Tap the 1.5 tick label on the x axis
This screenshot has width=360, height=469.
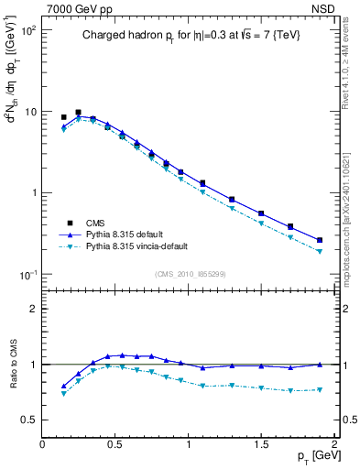(x=261, y=444)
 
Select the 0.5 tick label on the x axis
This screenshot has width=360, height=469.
(x=115, y=444)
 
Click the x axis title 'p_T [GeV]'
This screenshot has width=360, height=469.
(x=311, y=455)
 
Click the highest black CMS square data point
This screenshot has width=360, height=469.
(x=78, y=113)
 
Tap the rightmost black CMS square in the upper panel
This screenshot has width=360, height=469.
(x=320, y=240)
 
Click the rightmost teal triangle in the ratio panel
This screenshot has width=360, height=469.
(x=320, y=389)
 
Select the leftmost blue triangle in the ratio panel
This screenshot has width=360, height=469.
(x=63, y=386)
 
